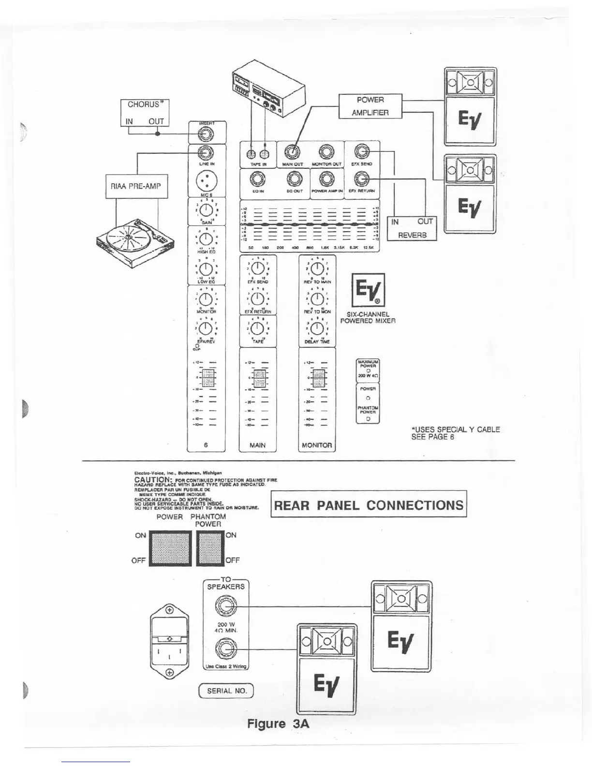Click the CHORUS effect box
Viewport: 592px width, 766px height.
pos(145,113)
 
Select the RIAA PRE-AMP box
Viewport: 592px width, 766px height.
pos(136,186)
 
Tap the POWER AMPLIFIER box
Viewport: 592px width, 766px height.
pos(370,106)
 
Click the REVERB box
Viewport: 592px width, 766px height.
pos(412,228)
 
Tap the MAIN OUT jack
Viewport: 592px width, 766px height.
pos(292,152)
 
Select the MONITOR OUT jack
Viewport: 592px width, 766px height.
pos(326,152)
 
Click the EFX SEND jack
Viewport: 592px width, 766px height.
pos(362,152)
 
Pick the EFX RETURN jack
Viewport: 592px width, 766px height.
pos(362,180)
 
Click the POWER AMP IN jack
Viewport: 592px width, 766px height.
pos(326,180)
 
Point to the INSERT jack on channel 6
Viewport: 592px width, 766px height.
pos(207,135)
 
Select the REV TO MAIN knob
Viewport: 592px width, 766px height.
pos(317,268)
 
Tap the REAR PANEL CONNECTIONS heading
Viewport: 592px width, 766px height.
pos(369,505)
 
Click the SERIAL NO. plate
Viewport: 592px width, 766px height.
pos(227,691)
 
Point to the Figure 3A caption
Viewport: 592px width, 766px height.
pos(278,723)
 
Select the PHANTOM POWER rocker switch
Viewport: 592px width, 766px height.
pos(210,548)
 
